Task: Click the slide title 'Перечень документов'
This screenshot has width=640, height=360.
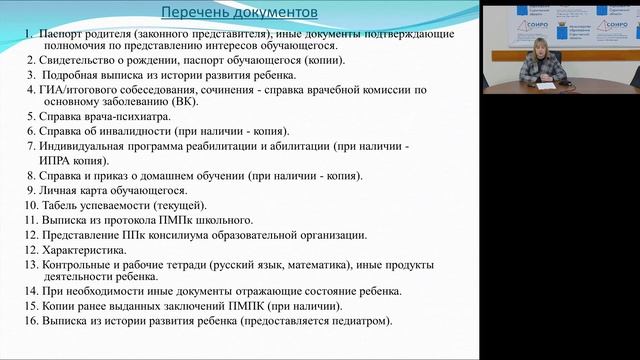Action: [x=240, y=13]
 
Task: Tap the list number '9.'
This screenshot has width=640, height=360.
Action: [x=32, y=190]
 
